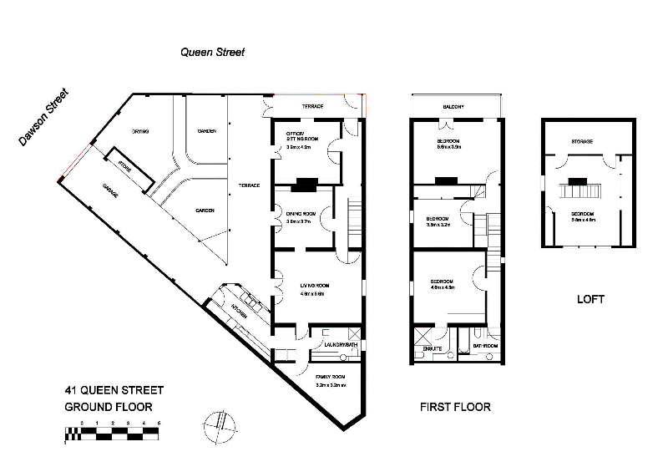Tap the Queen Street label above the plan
[x=213, y=52]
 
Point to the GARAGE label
[x=109, y=190]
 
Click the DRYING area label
[x=140, y=132]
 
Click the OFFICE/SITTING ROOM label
[x=298, y=138]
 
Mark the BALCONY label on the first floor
[x=453, y=107]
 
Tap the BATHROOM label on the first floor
[x=485, y=344]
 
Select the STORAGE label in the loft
[x=581, y=141]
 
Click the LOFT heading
[x=590, y=298]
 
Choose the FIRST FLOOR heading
[x=454, y=408]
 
